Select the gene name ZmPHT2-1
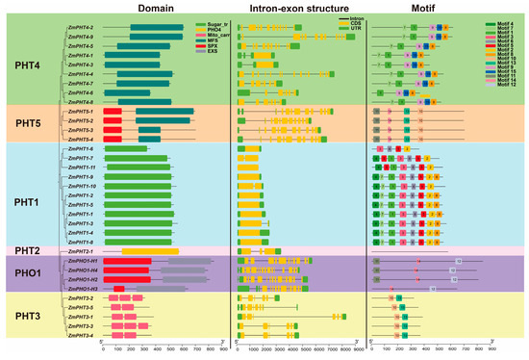(81, 251)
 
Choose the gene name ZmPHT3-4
(81, 336)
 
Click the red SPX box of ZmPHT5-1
(112, 112)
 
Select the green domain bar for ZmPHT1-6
(125, 148)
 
